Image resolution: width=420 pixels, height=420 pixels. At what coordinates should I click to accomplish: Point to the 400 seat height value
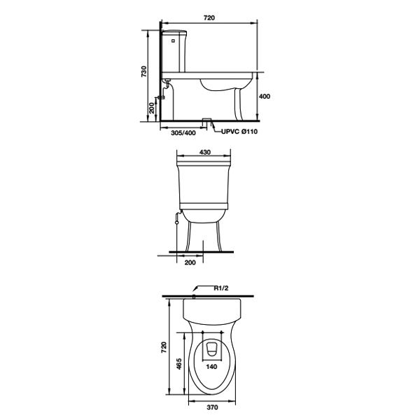(x=265, y=97)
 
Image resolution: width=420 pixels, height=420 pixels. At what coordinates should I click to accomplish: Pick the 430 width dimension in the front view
(x=205, y=152)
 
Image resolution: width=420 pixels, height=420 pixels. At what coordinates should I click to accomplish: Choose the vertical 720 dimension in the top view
(x=164, y=346)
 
